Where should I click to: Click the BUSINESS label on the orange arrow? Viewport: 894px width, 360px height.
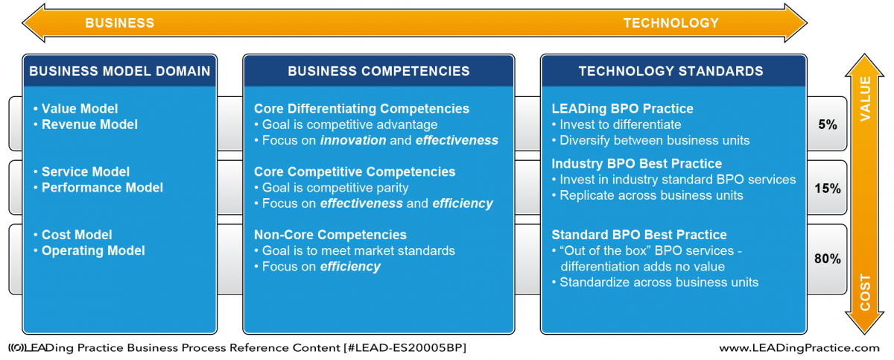pos(120,23)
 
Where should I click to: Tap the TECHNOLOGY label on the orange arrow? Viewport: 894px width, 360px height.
pos(671,23)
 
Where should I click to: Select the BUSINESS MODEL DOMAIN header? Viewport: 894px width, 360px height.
pos(120,71)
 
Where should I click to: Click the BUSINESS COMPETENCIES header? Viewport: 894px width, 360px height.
pos(378,71)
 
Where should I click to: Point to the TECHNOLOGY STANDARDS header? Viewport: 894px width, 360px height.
pos(671,71)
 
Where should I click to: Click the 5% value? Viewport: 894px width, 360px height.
pos(828,124)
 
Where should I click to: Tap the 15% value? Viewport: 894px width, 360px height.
pos(828,189)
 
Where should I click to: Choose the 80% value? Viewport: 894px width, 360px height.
pos(828,259)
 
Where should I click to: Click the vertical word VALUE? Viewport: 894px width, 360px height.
pos(865,99)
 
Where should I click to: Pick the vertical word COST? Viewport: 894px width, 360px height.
pos(865,292)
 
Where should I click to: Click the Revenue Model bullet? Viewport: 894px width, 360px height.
pos(86,124)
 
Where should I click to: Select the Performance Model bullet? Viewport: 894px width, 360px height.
pos(98,188)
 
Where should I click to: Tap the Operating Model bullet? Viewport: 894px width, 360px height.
pos(89,250)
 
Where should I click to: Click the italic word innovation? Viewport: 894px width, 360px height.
pos(353,140)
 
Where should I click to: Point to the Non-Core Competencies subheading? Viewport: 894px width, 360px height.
pos(331,235)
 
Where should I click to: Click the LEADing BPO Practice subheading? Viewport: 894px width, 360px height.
pos(622,109)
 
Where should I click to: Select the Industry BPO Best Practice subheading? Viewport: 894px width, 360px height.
pos(636,164)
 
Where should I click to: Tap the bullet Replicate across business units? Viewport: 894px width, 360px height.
pos(647,195)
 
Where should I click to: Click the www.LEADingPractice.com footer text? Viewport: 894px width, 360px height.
pos(799,348)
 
